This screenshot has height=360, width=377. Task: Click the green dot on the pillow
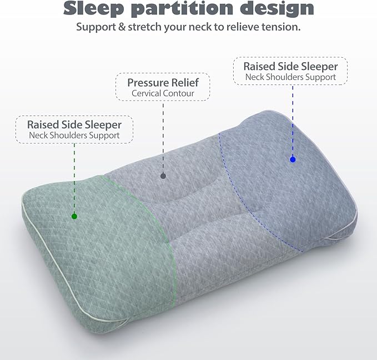(74, 216)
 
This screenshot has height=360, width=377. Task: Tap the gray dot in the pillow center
(163, 176)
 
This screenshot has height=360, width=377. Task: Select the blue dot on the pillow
(293, 159)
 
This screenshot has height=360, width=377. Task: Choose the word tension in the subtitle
(282, 27)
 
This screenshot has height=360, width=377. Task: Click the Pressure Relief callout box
(163, 87)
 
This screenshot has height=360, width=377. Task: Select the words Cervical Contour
(163, 93)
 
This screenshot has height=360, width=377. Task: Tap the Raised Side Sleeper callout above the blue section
(290, 71)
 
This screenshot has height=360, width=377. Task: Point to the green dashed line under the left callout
(74, 178)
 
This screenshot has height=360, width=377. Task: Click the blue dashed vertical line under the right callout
(293, 120)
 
